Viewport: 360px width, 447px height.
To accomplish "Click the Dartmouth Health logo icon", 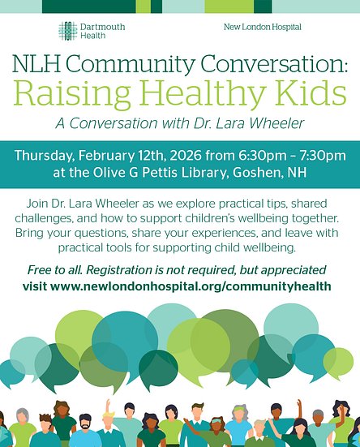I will tap(68, 31).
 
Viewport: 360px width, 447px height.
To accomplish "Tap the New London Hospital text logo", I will tap(262, 28).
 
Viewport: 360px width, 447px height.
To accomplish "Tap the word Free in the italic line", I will tap(45, 270).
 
